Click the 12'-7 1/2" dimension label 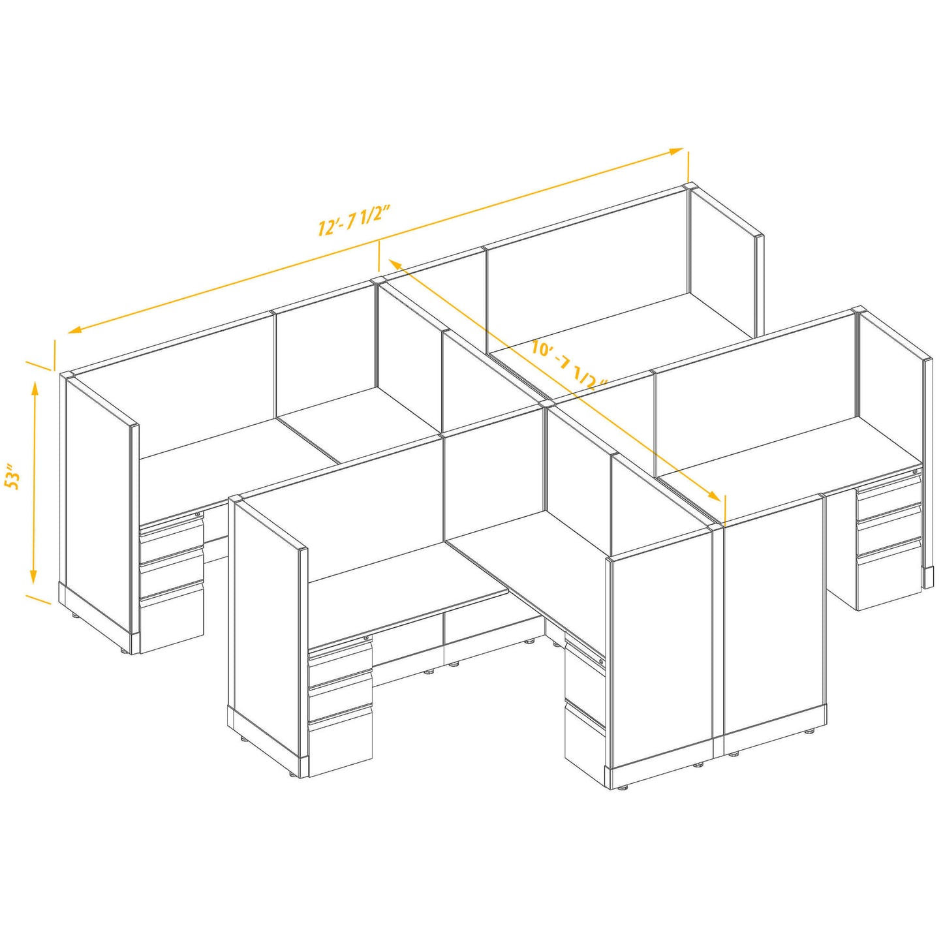click(x=354, y=219)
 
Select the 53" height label click(x=12, y=476)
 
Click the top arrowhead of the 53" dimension click(x=35, y=387)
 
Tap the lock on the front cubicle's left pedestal click(x=366, y=638)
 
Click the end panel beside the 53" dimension click(x=98, y=509)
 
